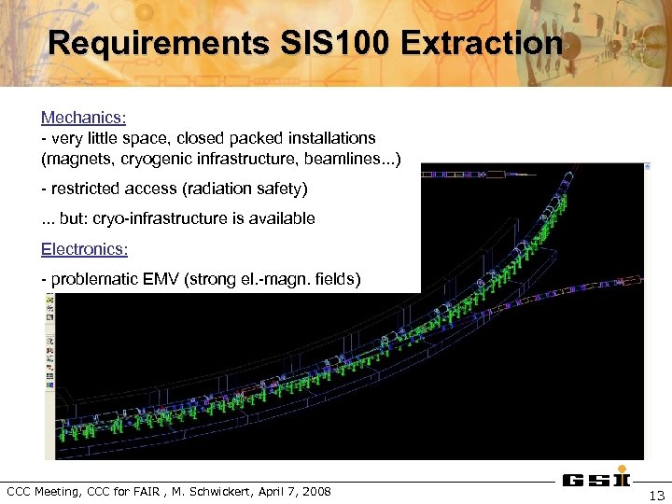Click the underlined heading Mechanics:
(84, 119)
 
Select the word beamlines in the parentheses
(350, 158)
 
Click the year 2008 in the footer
(315, 491)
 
